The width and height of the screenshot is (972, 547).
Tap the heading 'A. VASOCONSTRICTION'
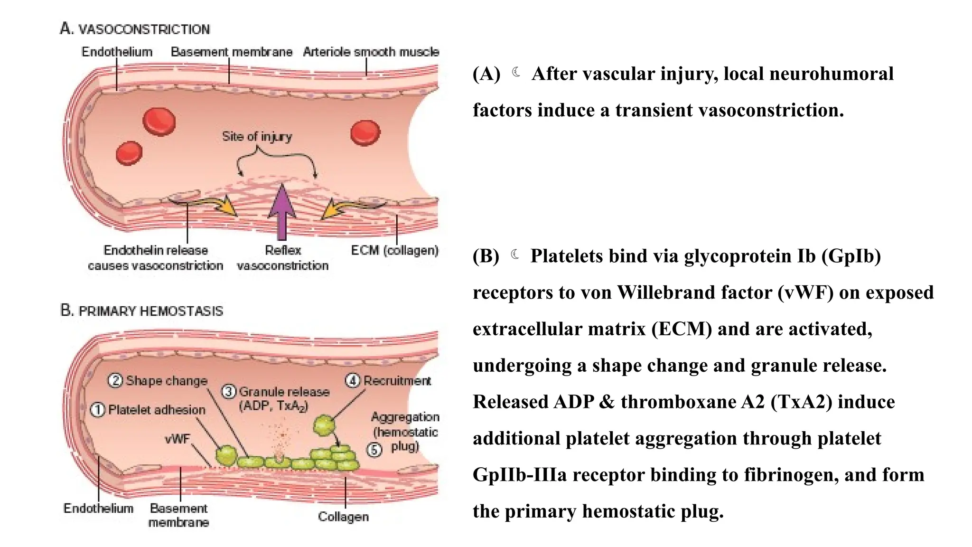[x=135, y=29]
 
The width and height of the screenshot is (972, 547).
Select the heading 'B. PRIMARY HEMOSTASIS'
[x=141, y=311]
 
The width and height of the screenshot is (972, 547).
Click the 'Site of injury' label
[x=257, y=137]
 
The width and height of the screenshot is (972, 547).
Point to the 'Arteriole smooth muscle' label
[x=371, y=52]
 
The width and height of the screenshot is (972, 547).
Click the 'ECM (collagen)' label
[x=394, y=250]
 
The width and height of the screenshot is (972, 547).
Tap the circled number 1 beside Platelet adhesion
[x=97, y=410]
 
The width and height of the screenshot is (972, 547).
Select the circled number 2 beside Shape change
[x=115, y=380]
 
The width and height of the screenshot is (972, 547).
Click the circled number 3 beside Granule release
[x=229, y=392]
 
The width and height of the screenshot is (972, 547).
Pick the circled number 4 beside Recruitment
[x=352, y=380]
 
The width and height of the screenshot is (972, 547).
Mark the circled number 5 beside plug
[x=374, y=449]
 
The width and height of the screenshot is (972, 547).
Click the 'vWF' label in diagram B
[x=177, y=439]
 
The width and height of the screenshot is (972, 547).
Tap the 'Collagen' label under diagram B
[x=343, y=517]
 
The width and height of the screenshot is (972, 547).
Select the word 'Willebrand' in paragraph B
[x=666, y=292]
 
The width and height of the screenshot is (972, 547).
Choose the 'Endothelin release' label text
[x=156, y=250]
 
